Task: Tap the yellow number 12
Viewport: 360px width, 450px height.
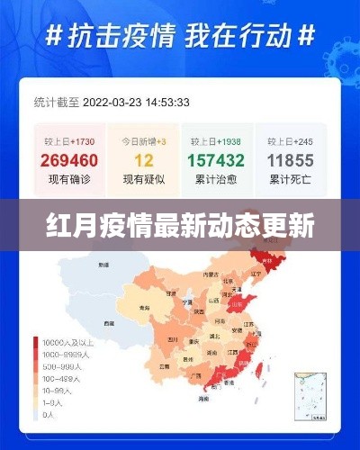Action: [x=144, y=161]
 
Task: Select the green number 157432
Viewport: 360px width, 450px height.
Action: [x=217, y=161]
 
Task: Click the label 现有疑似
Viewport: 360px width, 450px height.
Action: [x=144, y=181]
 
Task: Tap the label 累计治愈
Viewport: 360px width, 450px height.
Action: [x=217, y=181]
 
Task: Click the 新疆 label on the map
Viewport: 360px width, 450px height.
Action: [x=104, y=266]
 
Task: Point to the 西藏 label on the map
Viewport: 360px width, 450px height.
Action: [x=109, y=321]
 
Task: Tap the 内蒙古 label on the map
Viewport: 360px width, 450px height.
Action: [x=210, y=274]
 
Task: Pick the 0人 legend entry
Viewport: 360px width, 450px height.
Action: [x=49, y=416]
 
